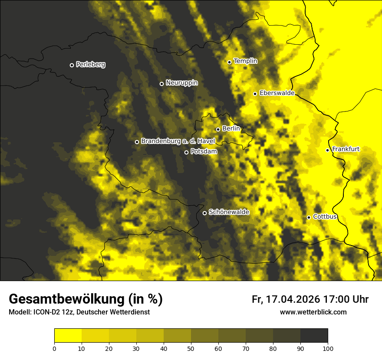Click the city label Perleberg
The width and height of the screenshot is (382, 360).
coord(90,65)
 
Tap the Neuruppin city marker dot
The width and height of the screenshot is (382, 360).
coord(161,84)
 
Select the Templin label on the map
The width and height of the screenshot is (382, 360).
coord(245,61)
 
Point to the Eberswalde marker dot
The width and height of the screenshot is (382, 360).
coord(255,94)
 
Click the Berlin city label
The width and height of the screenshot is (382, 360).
coord(231,129)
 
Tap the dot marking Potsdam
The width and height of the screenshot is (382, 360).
coord(186,152)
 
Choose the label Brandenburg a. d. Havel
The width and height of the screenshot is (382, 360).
coord(178,141)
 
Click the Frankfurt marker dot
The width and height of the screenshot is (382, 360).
coord(327,150)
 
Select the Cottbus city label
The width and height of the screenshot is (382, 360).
coord(325,216)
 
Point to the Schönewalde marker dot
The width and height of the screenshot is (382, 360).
coord(204,213)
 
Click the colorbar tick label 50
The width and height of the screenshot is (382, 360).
coord(191,348)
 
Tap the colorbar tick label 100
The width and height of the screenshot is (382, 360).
coord(328,348)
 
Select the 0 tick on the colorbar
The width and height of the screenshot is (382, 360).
coord(54,348)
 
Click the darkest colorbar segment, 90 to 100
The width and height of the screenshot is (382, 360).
coord(314,336)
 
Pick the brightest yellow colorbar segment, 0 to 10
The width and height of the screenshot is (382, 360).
coord(68,336)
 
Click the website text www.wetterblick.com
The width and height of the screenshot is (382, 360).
coord(313,312)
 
